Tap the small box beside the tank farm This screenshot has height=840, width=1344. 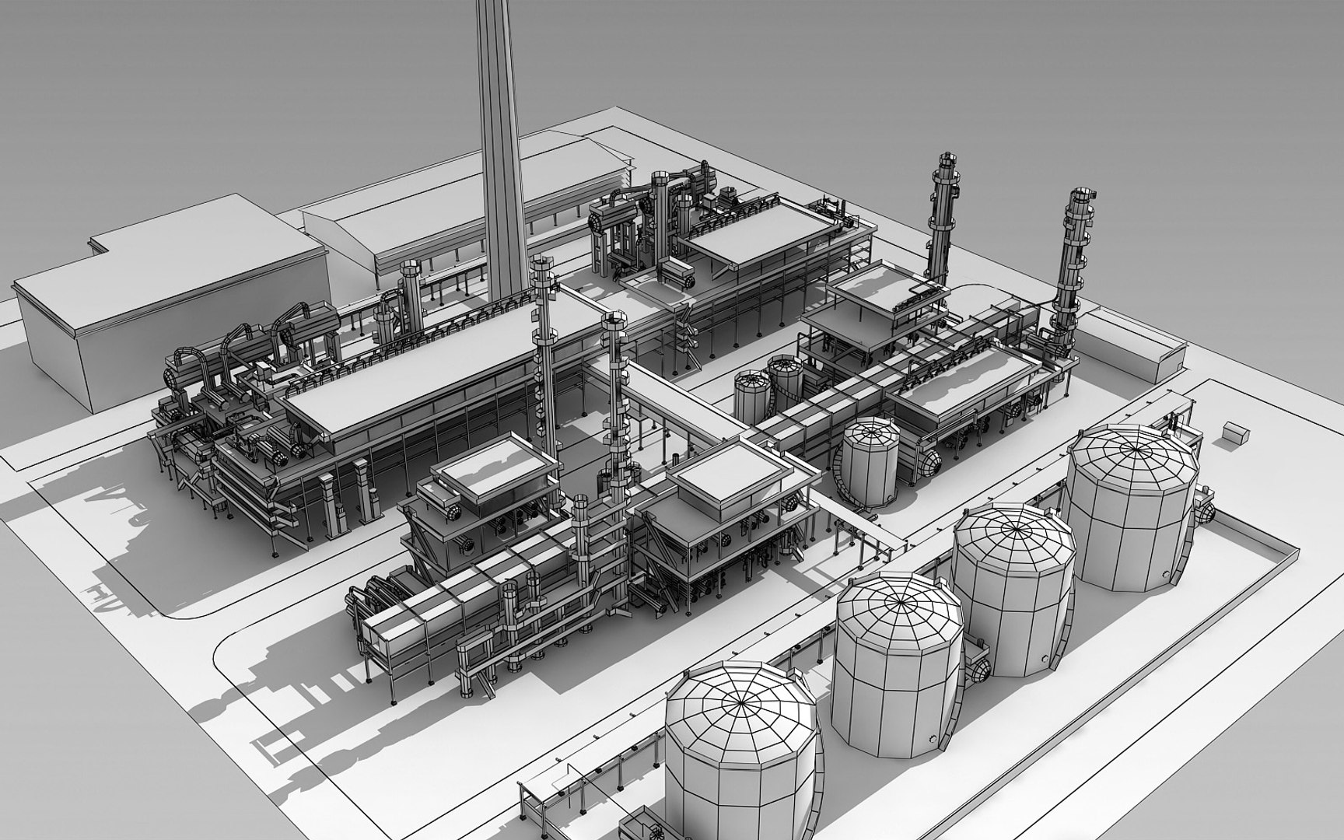(1234, 433)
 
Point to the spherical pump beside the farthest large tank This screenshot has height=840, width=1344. (1205, 509)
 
